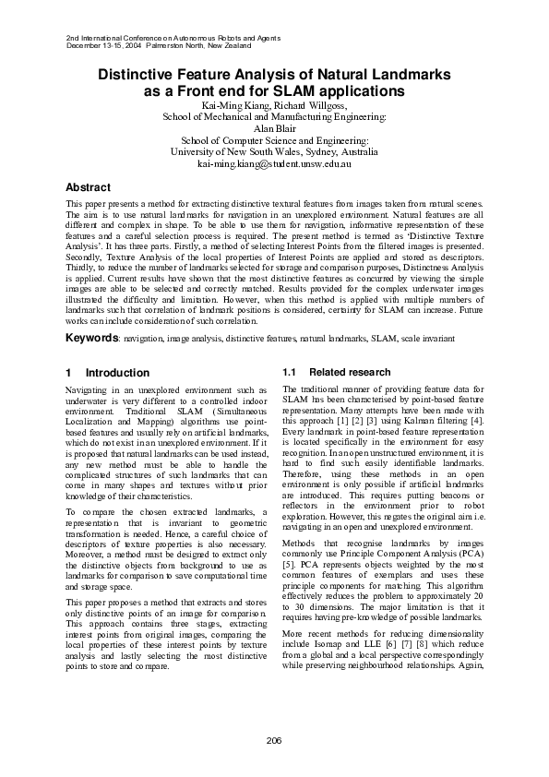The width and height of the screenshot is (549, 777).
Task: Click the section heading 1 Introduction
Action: (x=107, y=373)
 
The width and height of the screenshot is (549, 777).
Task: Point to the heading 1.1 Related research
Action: (x=328, y=373)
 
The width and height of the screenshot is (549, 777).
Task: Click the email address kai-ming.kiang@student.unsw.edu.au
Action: (x=274, y=162)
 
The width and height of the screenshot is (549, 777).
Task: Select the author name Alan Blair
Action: (x=274, y=129)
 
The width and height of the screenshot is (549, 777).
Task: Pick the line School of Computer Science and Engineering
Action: (x=274, y=140)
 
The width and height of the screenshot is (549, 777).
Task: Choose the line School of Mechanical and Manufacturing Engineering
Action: (x=274, y=118)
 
